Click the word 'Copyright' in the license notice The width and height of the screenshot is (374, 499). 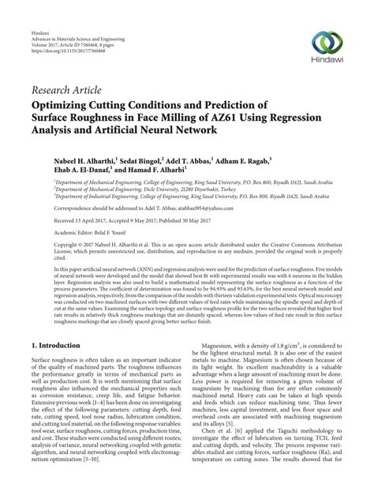pyautogui.click(x=45, y=246)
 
